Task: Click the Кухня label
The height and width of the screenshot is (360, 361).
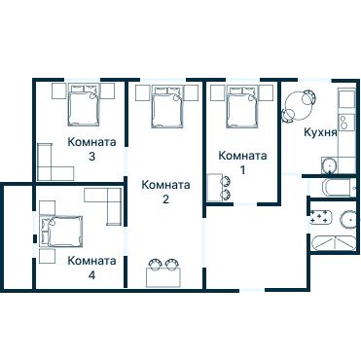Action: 320,132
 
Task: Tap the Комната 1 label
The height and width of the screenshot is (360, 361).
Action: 242,162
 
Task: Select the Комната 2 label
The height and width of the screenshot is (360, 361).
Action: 165,192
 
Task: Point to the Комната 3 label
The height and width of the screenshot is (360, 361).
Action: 91,149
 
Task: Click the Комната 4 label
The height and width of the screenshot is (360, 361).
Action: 92,268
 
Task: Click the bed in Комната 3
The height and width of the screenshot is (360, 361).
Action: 84,105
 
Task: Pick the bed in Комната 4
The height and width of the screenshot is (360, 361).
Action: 60,232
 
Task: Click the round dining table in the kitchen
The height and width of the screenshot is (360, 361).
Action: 298,104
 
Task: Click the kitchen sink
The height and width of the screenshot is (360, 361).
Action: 329,165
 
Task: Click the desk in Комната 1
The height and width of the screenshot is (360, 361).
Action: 214,188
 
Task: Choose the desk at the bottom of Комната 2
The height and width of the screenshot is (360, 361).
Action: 162,277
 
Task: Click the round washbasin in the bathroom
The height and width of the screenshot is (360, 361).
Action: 349,220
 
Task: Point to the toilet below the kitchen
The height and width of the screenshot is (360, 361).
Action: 337,188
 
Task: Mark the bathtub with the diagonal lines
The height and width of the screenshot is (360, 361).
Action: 334,243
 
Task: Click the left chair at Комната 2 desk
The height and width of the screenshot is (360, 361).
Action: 155,264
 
